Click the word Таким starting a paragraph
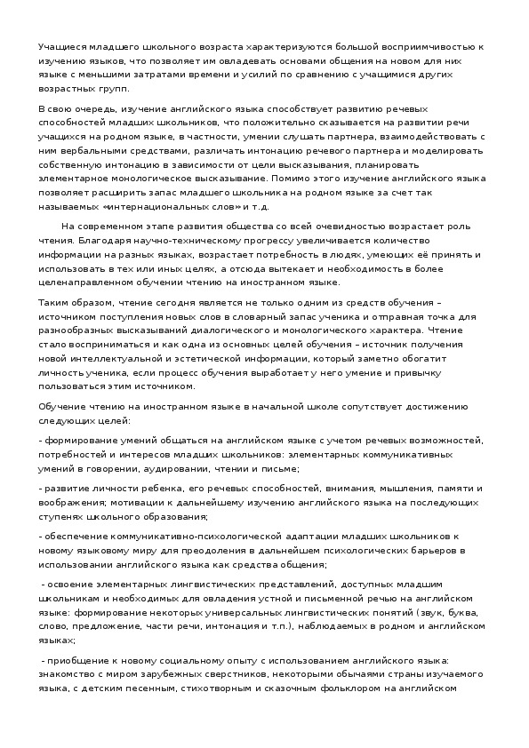(55, 303)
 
